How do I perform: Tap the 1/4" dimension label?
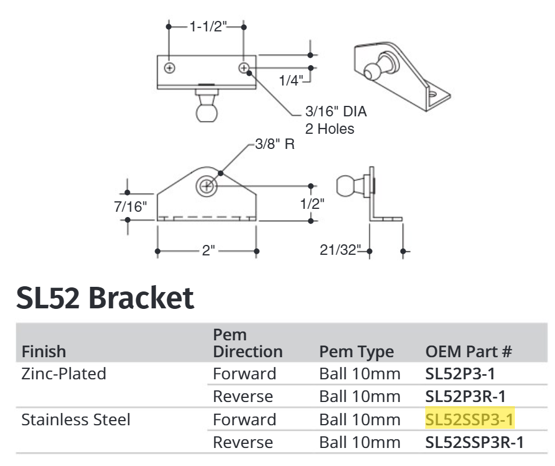point(291,80)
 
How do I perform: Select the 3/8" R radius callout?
point(275,144)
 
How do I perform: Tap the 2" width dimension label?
point(208,251)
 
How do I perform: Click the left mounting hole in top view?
point(170,68)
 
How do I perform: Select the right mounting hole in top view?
point(245,68)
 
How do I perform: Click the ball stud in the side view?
point(347,187)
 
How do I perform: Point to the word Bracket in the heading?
point(141,298)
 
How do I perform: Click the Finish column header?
point(44,351)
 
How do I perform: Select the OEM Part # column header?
point(469,351)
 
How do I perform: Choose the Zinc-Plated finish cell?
point(64,373)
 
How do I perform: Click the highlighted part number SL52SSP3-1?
point(470,419)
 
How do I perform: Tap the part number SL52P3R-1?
point(465,396)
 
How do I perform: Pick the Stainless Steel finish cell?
point(76,419)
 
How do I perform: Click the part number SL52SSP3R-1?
point(475,442)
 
